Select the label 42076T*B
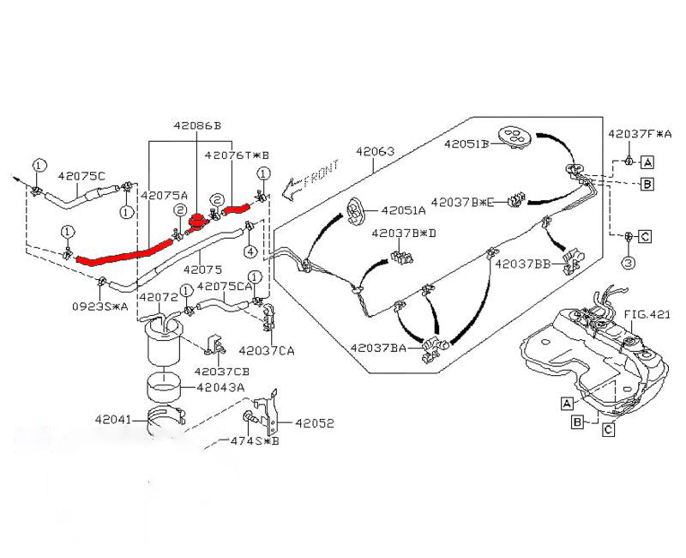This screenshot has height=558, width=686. (237, 155)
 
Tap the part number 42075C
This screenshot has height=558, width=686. (81, 175)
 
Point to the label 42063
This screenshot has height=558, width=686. (375, 151)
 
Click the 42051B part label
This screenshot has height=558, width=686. (466, 143)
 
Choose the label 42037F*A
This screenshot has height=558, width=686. (640, 134)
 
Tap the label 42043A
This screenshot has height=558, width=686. (220, 387)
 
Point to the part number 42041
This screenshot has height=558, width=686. (113, 420)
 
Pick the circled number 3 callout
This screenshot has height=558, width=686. (628, 263)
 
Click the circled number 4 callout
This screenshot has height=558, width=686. (250, 252)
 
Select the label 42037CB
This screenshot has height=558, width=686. (221, 372)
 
